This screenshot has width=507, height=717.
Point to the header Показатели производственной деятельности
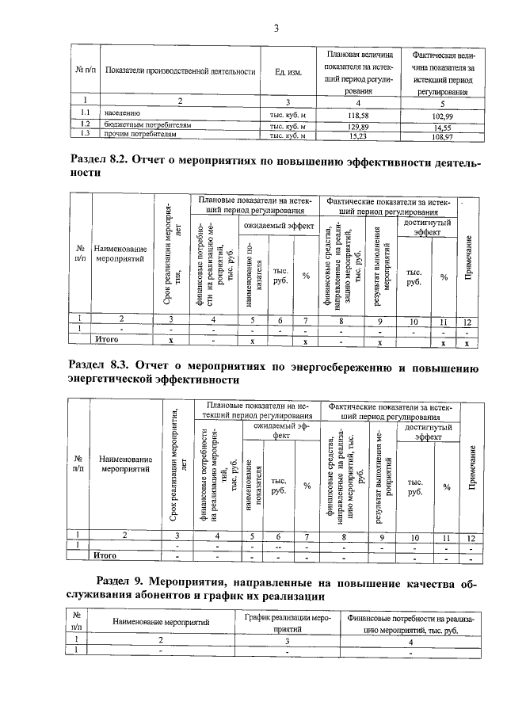[180, 72]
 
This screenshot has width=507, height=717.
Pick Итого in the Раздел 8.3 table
[106, 555]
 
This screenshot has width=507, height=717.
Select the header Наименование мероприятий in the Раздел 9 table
[161, 624]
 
